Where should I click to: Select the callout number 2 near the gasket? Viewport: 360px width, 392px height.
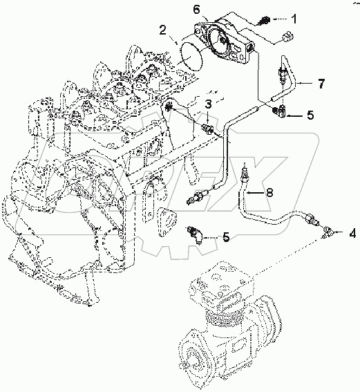click(163, 30)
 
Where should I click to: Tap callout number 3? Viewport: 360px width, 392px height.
click(207, 104)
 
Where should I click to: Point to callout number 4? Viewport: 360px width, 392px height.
click(353, 234)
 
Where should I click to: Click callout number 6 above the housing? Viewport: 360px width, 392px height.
click(196, 10)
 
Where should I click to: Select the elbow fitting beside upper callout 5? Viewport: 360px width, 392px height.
click(280, 111)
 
